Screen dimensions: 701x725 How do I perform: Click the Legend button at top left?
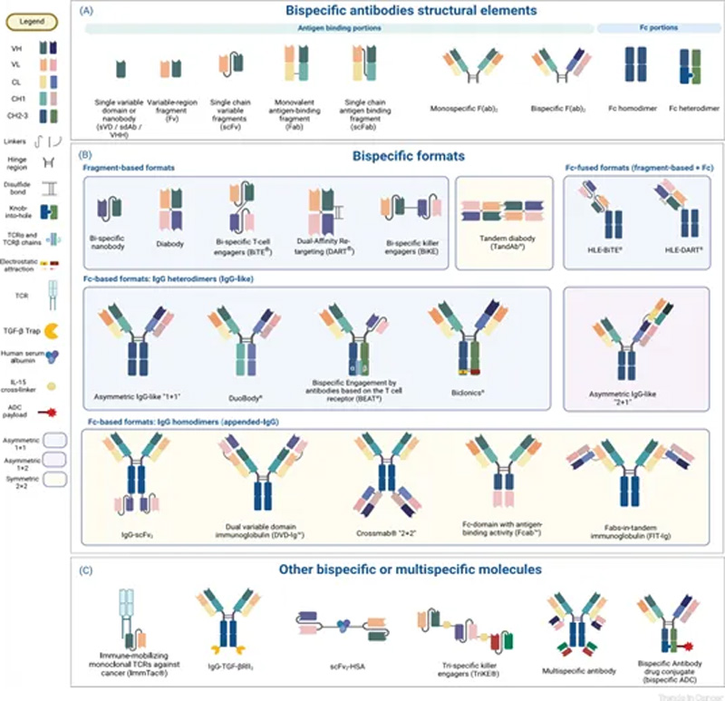click(33, 20)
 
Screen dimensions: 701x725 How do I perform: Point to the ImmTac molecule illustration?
click(130, 625)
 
